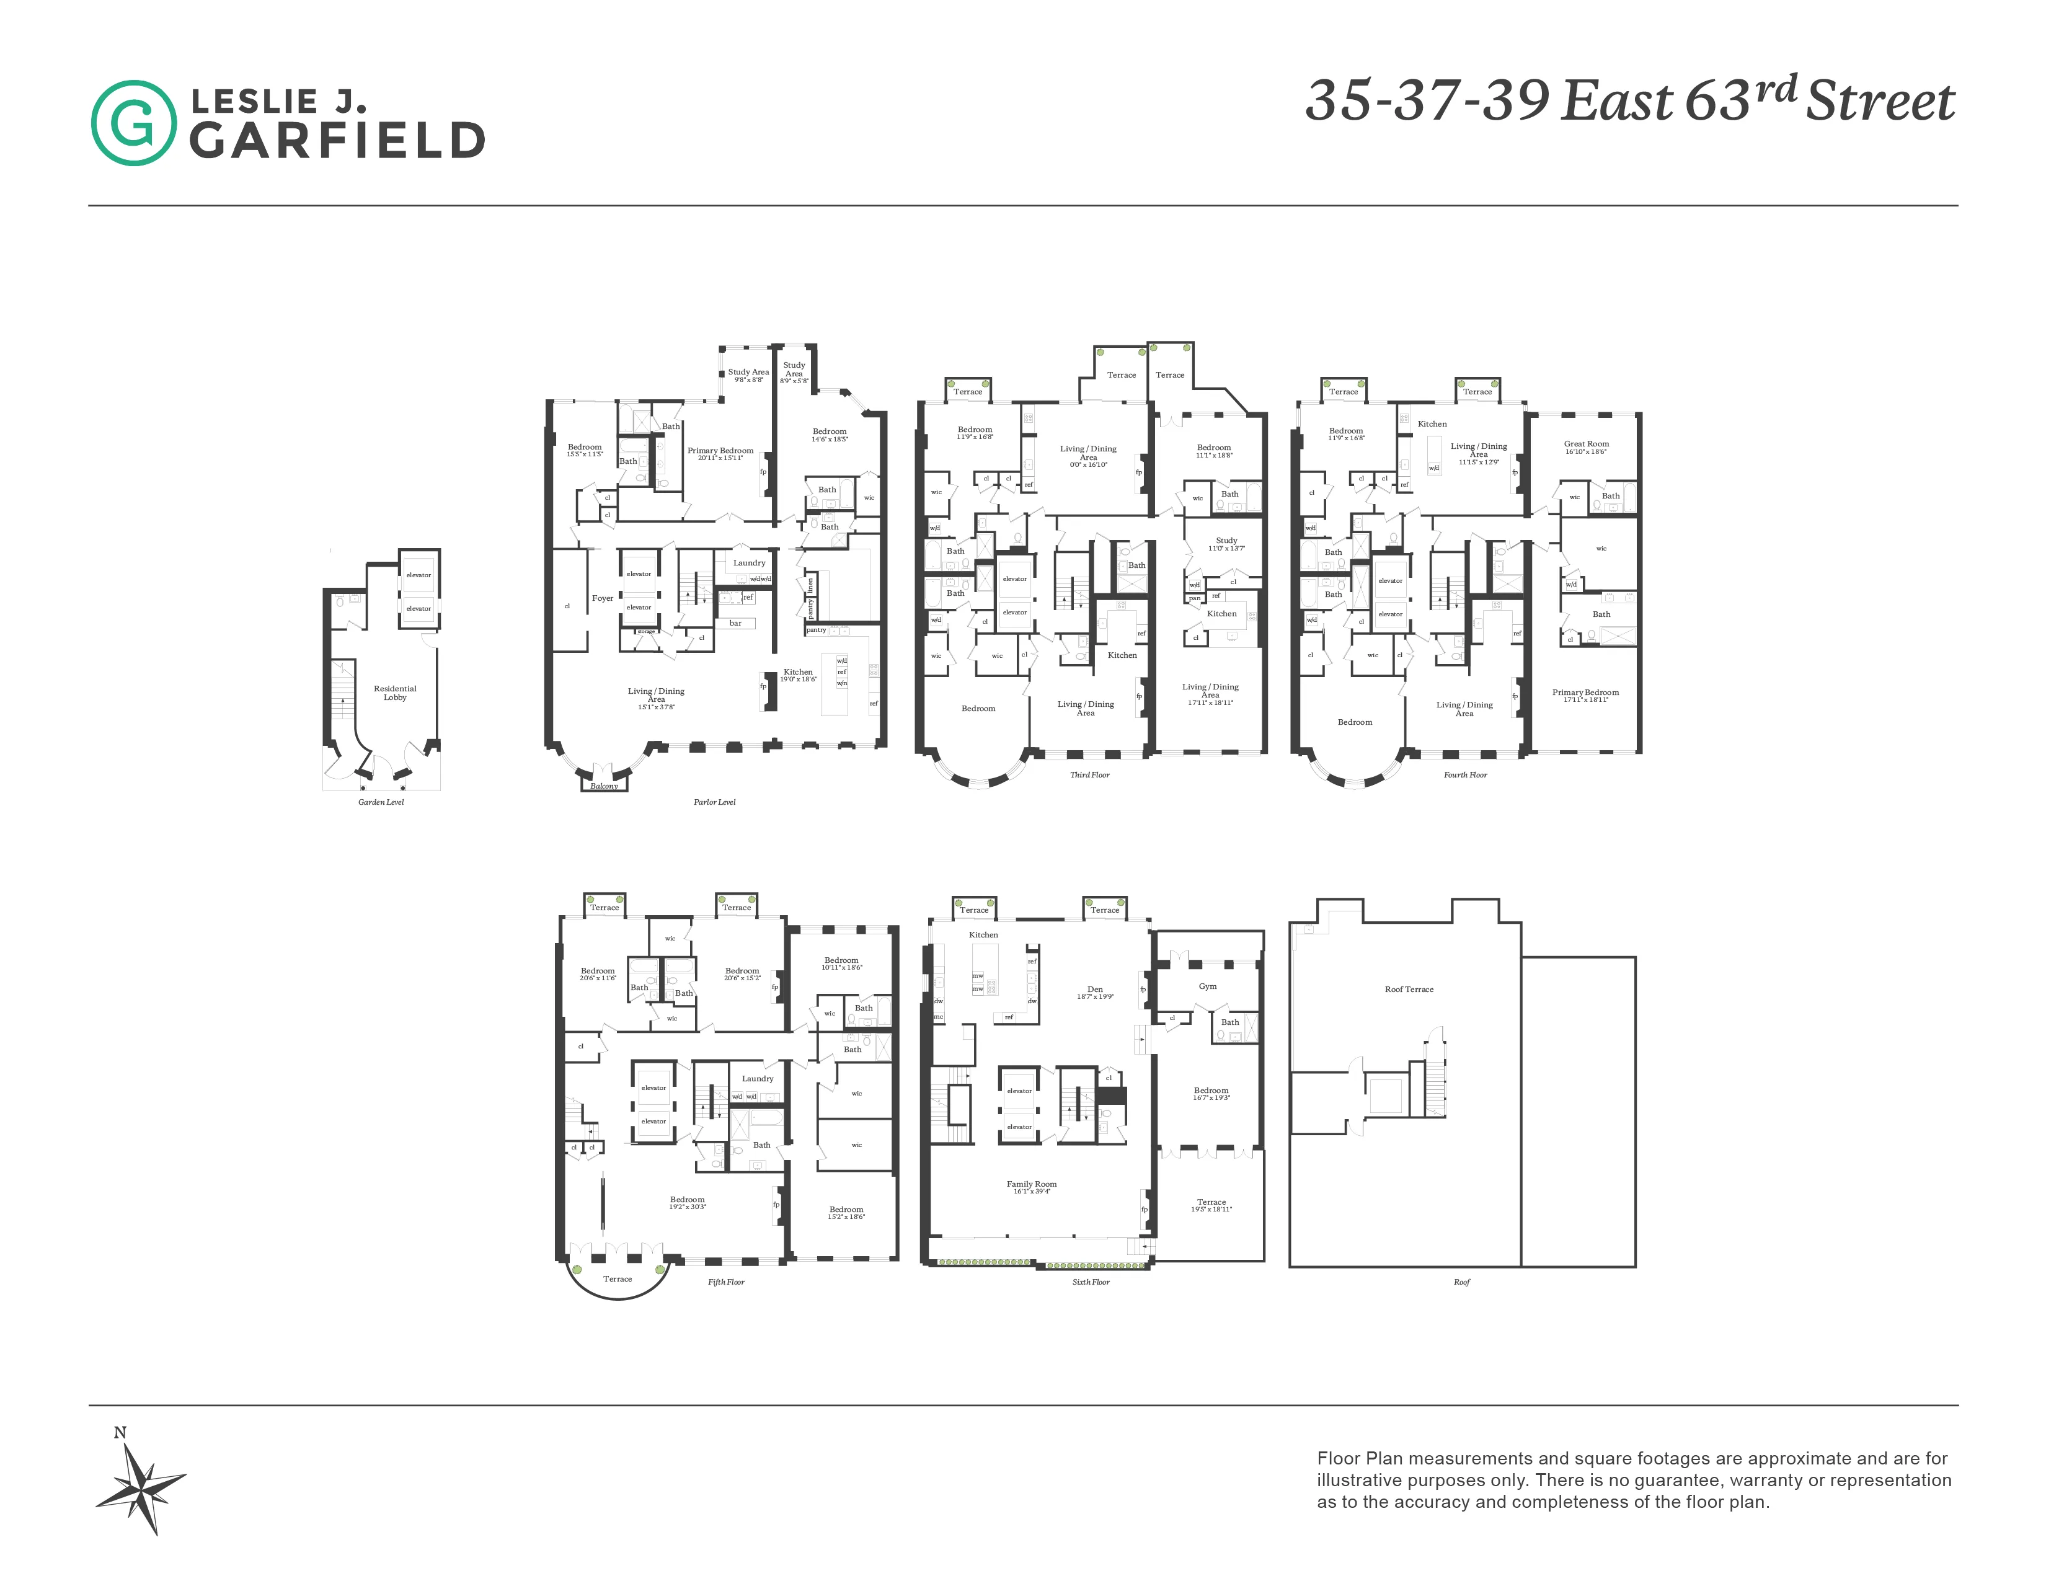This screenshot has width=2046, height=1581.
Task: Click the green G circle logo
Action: coord(133,123)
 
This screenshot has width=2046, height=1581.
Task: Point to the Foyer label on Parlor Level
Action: coord(603,598)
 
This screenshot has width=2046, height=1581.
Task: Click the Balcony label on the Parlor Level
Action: coord(604,786)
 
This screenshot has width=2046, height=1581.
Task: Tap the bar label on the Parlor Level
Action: coord(735,623)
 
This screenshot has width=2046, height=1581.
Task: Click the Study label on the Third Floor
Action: coord(1226,541)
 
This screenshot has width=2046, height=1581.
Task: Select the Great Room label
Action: coord(1586,444)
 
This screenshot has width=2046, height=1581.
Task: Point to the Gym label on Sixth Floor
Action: coord(1208,986)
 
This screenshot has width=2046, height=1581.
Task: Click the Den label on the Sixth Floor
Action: coord(1095,989)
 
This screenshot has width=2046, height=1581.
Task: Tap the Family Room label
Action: coord(1032,1184)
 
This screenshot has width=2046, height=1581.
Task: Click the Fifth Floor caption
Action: coord(726,1282)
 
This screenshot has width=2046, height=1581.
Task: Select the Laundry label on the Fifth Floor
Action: coord(758,1078)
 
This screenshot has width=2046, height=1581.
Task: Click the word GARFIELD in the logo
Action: coord(337,141)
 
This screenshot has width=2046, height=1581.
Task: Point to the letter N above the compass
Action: coord(120,1433)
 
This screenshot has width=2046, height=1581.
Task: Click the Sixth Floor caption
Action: coord(1091,1282)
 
